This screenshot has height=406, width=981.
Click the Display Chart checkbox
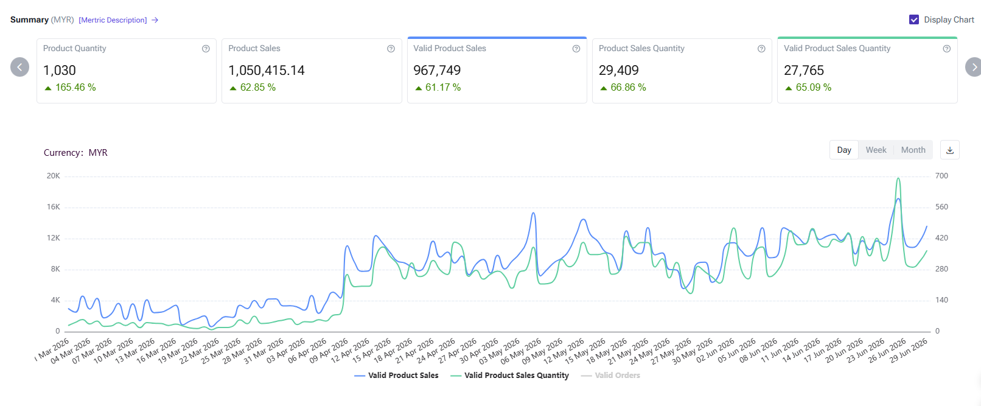click(914, 19)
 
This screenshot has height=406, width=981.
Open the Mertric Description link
click(113, 20)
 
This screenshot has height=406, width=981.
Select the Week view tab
click(876, 150)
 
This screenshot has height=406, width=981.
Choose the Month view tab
click(913, 150)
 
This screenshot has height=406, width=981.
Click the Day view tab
click(844, 150)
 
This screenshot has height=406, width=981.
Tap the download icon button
click(950, 150)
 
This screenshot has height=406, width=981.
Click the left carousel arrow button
click(19, 67)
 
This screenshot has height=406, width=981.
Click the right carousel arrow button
click(974, 67)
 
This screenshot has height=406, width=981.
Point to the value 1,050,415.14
click(267, 71)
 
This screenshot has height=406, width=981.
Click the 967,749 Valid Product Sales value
click(437, 71)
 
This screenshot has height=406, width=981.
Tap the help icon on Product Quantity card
click(206, 49)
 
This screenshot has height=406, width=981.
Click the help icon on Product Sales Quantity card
click(761, 49)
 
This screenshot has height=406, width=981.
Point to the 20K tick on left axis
click(54, 176)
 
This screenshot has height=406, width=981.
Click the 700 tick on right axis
click(941, 176)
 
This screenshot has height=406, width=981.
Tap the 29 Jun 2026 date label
click(909, 351)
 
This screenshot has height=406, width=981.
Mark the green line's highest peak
click(898, 178)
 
